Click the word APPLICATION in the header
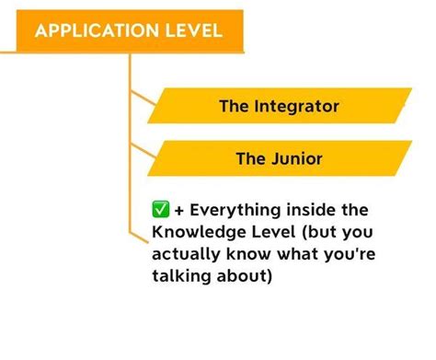coord(97,30)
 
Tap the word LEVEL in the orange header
coord(194,30)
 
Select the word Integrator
coord(296,107)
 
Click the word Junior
coord(297,159)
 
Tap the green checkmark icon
coord(160,210)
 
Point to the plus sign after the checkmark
coord(179,211)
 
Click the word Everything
coord(235,211)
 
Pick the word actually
coord(186,254)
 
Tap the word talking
coord(181,276)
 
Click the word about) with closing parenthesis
coord(245,276)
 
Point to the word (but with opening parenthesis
coord(319,232)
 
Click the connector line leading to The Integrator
coord(143,98)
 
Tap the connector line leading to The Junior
coord(143,151)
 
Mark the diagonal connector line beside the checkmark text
coord(139,238)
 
